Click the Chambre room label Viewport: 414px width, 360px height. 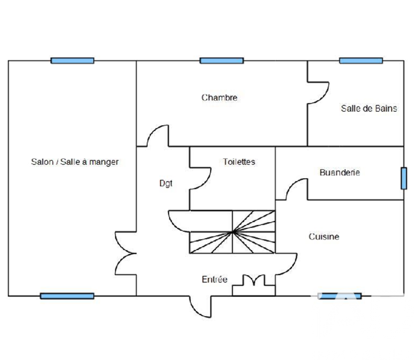(x=219, y=98)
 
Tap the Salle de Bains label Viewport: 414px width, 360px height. (x=369, y=109)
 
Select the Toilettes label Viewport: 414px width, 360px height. (x=239, y=162)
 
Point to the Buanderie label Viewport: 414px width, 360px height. (x=339, y=172)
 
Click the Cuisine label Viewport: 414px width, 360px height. (x=324, y=237)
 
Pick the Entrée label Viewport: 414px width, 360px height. (x=214, y=280)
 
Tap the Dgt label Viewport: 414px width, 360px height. (x=166, y=183)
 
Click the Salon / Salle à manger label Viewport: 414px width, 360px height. (x=75, y=162)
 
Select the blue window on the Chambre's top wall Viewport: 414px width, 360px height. (x=221, y=60)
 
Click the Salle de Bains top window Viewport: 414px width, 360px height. (x=361, y=60)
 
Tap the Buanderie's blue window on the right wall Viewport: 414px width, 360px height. (x=404, y=178)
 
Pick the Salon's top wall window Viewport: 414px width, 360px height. (x=72, y=60)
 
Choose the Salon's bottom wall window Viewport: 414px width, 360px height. (x=67, y=296)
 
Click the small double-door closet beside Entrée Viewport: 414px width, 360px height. (x=253, y=282)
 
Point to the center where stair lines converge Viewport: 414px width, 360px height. (x=233, y=232)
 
